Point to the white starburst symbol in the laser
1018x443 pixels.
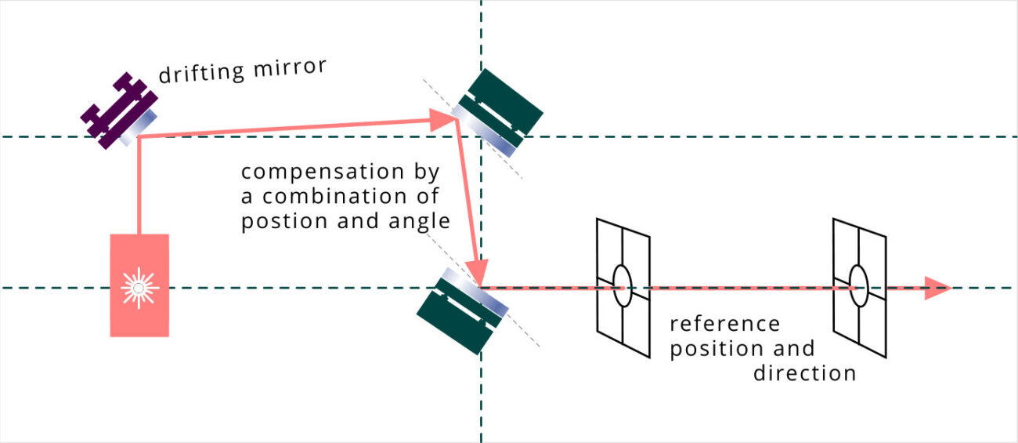[x=139, y=289]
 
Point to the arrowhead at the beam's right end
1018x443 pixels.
[x=937, y=288]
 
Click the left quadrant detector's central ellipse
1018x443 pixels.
[x=622, y=287]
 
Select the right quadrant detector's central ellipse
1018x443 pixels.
[x=858, y=287]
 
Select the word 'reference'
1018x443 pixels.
[x=724, y=324]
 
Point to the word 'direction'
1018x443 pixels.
[x=804, y=373]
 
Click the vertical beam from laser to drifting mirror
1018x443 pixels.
[x=139, y=188]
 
